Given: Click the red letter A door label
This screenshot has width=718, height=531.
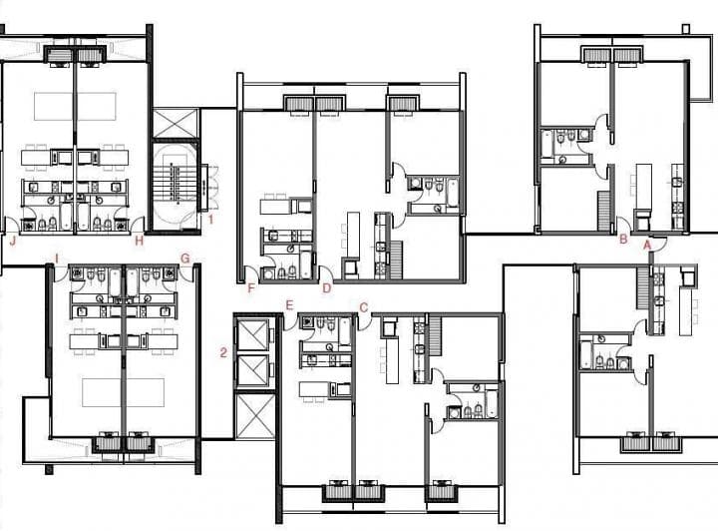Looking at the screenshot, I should (647, 243).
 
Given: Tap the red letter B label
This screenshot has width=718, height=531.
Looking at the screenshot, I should (623, 240).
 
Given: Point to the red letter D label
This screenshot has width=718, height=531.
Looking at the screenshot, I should (326, 289).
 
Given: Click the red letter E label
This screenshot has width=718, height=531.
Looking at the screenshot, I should (289, 305).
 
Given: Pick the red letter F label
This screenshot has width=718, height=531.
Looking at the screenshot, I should (251, 289).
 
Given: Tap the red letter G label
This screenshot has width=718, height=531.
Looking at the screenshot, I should (184, 259).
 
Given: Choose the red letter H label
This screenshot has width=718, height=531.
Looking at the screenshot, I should (140, 240).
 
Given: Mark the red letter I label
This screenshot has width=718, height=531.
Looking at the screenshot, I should (57, 259).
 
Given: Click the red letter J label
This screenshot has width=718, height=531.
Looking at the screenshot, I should (13, 240).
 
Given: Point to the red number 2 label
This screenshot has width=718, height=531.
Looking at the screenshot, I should (223, 351).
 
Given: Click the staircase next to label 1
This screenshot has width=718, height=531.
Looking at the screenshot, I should (177, 185).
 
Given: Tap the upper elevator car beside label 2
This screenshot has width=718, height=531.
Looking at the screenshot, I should (254, 337).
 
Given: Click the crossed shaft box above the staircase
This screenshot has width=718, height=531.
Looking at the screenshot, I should (177, 123).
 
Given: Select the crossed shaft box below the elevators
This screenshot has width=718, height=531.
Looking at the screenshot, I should (254, 415).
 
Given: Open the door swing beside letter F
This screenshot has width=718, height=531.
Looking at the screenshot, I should (264, 275).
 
